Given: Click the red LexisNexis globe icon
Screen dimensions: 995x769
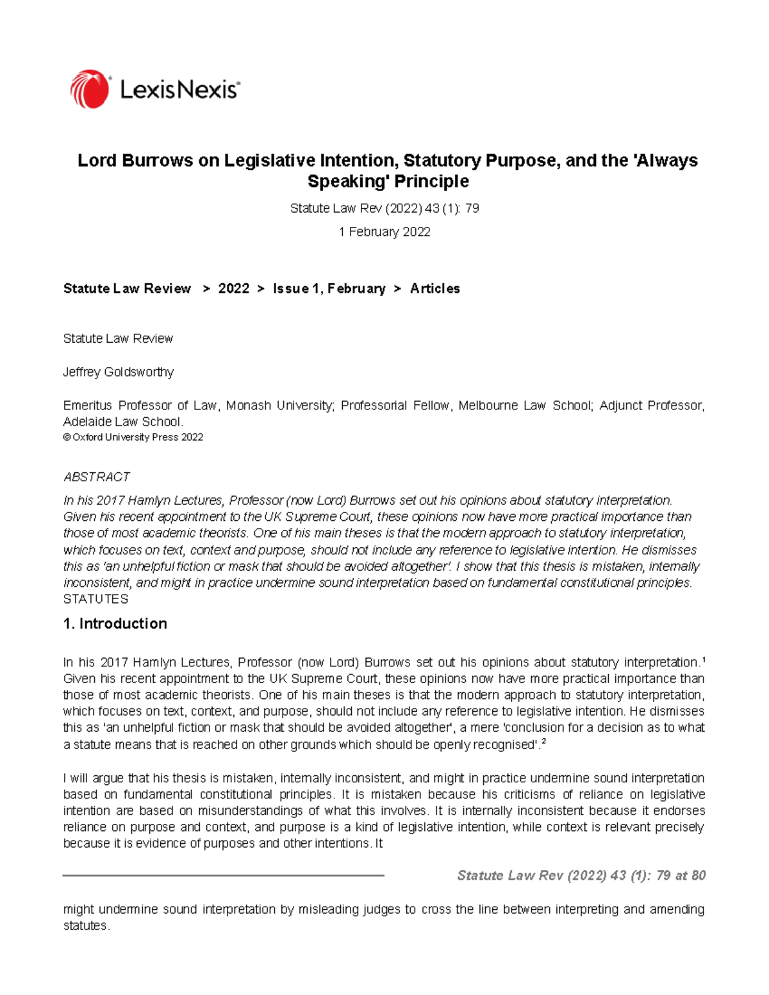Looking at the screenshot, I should point(90,89).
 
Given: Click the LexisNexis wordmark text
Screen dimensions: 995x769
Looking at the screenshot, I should point(179,90).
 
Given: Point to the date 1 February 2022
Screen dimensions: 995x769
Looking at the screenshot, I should point(384,232).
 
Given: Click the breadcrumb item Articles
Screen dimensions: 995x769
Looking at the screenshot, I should point(435,289).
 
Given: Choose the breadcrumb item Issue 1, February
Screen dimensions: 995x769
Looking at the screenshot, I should point(329,289).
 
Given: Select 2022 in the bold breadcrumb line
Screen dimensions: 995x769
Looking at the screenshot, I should point(233,289).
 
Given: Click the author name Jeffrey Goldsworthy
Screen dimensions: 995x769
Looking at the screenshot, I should point(119,372).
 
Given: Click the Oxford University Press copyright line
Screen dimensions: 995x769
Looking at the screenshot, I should point(133,438).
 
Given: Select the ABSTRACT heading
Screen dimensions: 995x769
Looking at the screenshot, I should point(97,477).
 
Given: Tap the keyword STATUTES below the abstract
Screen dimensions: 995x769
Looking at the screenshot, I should point(95,599).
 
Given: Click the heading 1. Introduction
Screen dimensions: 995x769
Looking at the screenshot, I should point(115,624).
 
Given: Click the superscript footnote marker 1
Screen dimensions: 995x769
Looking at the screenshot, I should point(703,659).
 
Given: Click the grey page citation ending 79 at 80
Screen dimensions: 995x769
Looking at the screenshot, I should point(581,876).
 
